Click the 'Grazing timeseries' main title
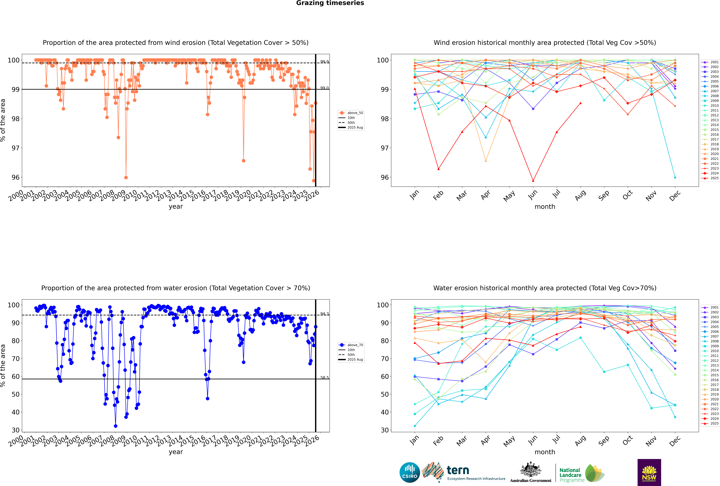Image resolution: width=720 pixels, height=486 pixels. coord(330,3)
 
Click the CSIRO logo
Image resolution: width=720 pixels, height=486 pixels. coord(410,472)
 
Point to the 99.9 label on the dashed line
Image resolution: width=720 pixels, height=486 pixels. coord(324,62)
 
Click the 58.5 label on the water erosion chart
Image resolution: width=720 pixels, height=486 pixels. coord(324,378)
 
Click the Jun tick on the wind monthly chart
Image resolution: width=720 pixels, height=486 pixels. coord(532,195)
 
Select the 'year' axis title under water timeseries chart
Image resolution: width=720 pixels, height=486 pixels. coord(176,452)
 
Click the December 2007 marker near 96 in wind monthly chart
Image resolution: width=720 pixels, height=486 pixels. coord(675,178)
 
